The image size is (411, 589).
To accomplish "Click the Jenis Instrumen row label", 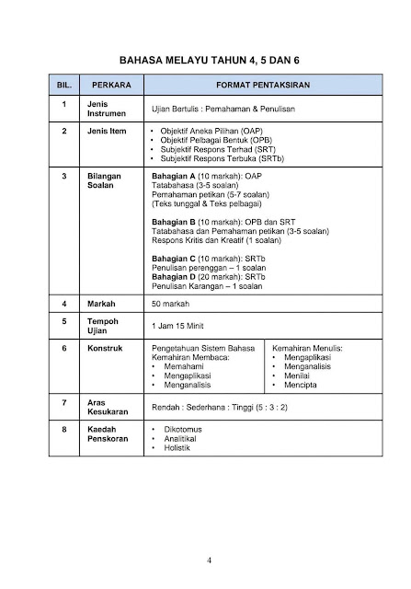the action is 105,110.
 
